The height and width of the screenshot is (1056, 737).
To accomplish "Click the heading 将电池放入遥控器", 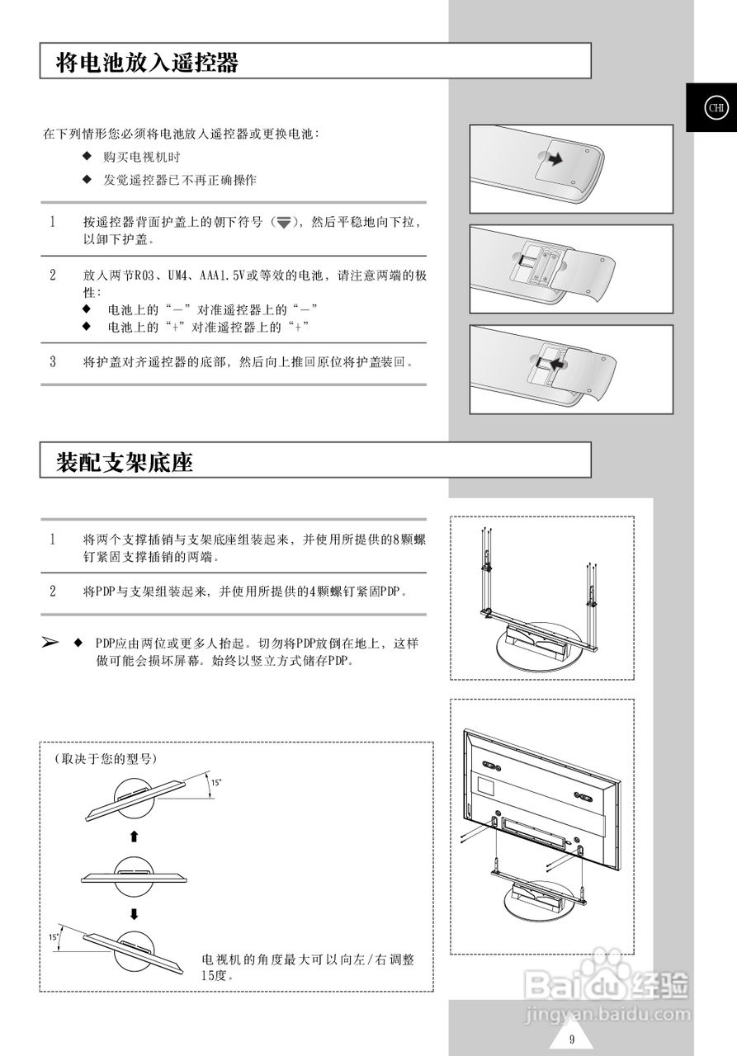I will pos(147,62).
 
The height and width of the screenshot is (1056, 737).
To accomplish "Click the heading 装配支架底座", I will pos(125,462).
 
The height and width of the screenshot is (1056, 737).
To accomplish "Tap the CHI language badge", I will pos(716,107).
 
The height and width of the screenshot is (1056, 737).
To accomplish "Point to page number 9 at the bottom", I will pos(571,1039).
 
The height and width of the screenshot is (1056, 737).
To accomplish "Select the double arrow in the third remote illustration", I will pos(550,362).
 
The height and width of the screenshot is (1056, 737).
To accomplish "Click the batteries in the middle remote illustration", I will pos(536,263).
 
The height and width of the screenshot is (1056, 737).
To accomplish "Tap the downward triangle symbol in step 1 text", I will pos(284,223).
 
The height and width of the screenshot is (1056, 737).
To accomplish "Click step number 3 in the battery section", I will pos(53,361).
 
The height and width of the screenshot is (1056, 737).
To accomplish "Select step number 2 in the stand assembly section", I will pos(53,592).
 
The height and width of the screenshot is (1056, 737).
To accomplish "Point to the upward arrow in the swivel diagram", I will pos(134,837).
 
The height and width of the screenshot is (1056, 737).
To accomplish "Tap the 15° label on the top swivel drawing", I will pos(215,782).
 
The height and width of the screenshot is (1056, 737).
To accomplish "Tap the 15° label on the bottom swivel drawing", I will pos(54,937).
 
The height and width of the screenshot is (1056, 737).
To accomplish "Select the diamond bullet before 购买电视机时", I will pos(87,157).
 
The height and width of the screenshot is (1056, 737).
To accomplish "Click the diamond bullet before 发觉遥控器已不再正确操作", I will pos(87,180).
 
